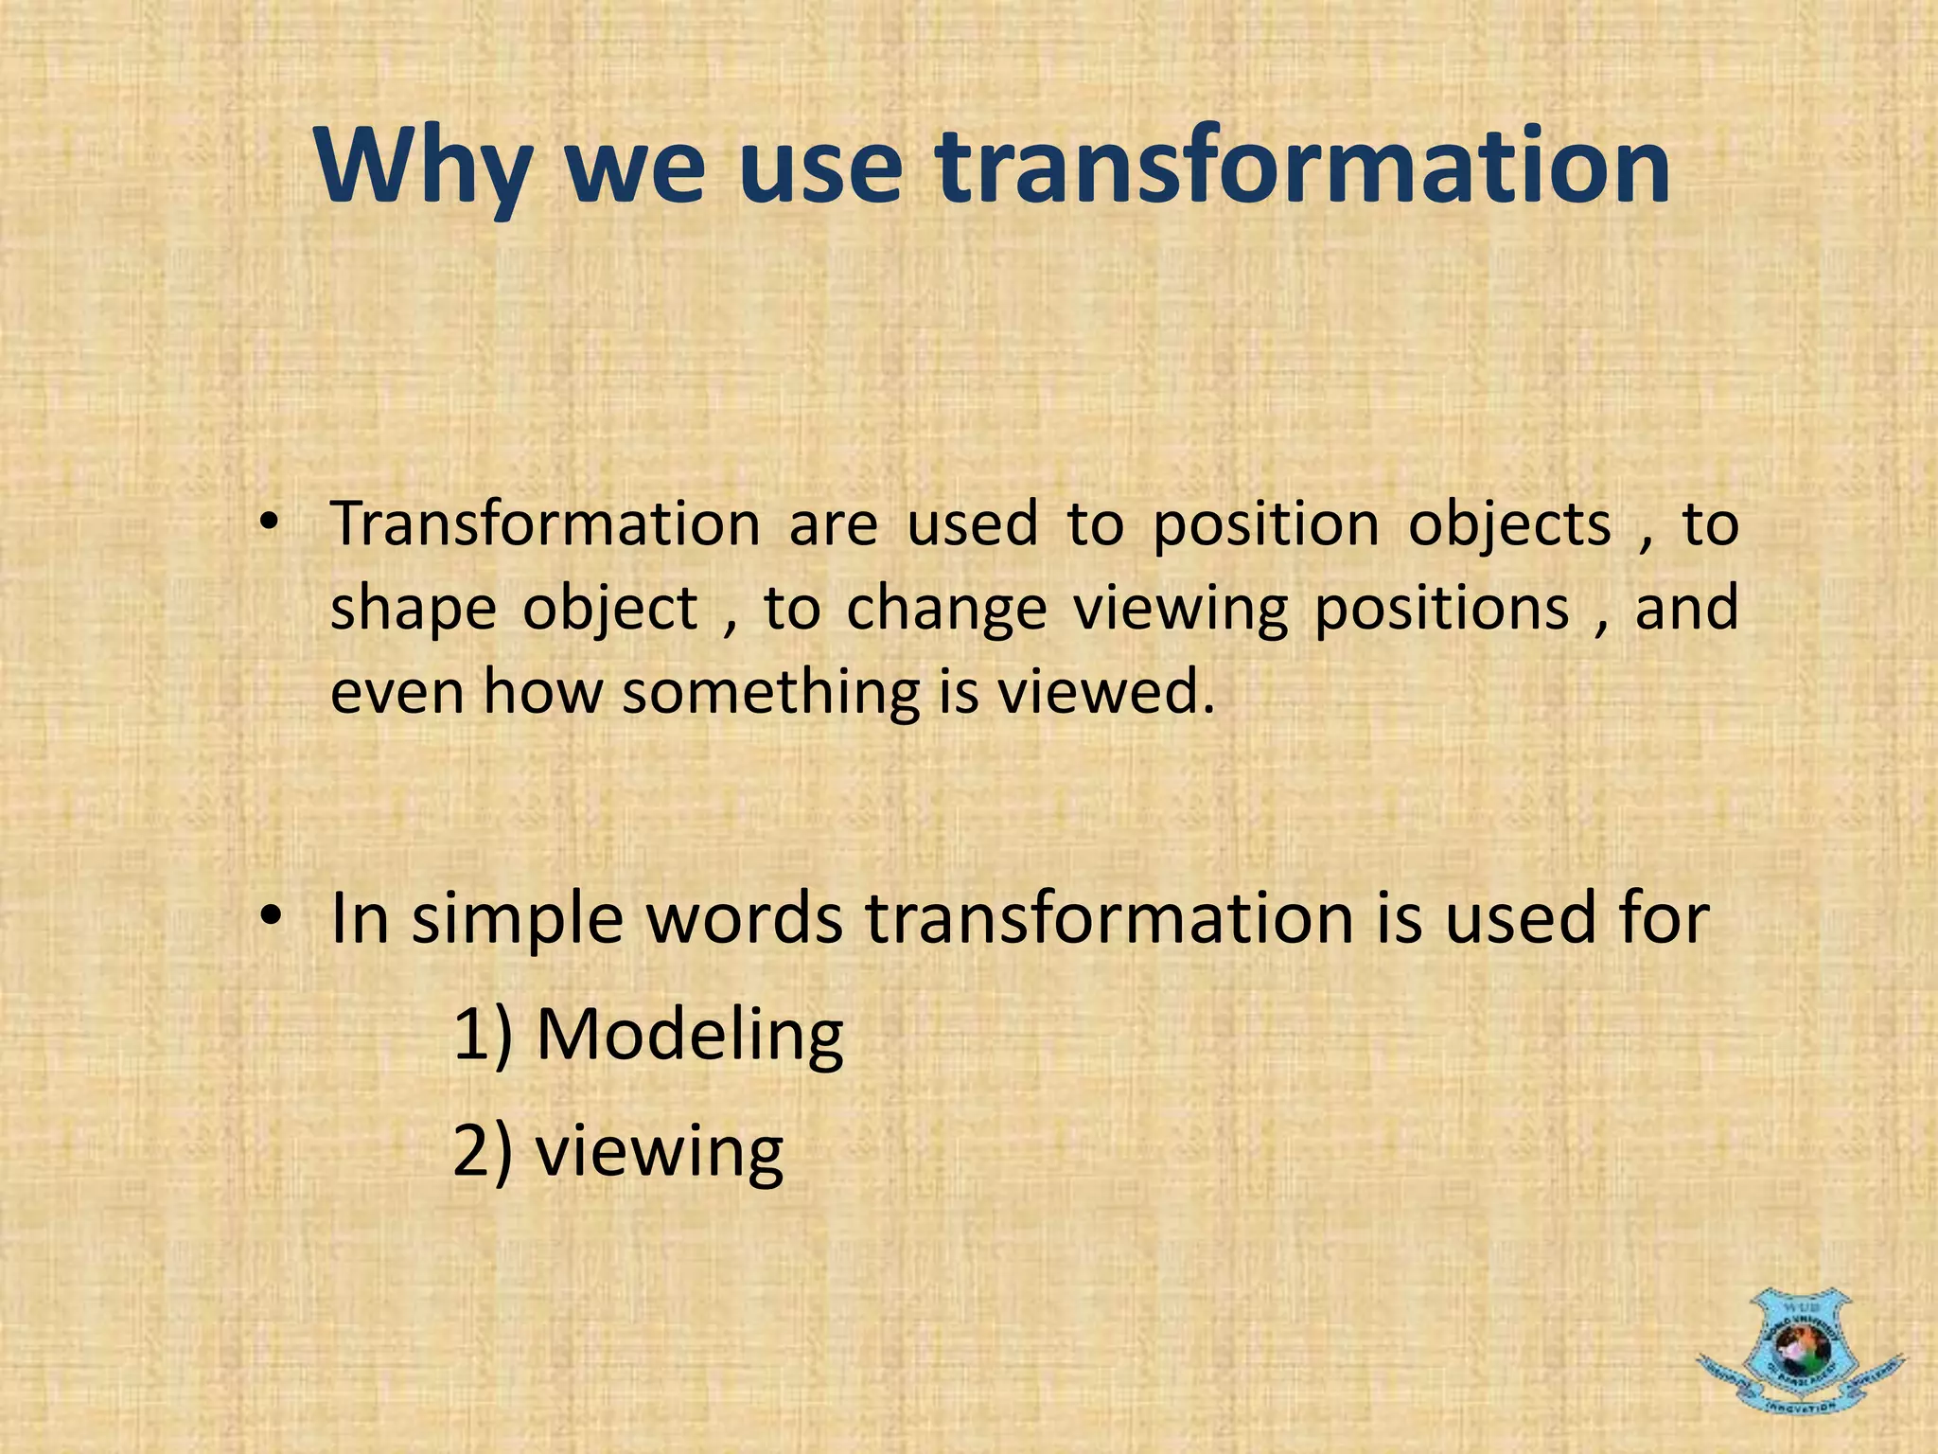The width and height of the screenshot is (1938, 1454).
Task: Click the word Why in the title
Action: pos(423,168)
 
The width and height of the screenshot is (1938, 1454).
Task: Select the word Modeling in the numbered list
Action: pos(689,1035)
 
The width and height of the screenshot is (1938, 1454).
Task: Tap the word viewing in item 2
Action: pos(660,1152)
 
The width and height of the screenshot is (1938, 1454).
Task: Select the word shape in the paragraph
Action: pos(413,609)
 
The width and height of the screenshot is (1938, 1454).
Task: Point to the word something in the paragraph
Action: pos(770,691)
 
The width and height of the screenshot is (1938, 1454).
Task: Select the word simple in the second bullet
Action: pos(518,921)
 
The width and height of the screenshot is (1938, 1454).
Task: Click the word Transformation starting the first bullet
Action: pos(545,523)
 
